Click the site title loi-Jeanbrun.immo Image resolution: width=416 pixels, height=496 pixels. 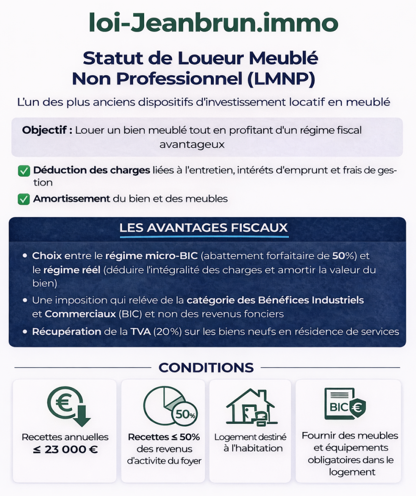(213, 23)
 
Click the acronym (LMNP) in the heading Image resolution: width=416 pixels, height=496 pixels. (282, 78)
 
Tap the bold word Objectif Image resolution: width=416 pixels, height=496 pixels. (47, 130)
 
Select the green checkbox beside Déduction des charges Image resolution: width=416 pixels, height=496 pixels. (23, 171)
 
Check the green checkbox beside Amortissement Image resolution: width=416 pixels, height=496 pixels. (23, 199)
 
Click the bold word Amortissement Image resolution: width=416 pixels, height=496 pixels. (72, 199)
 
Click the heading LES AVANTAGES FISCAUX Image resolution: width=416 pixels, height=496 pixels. (204, 228)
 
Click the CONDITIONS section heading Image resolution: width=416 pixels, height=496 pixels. (206, 368)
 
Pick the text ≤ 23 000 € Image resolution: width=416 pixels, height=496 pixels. (65, 449)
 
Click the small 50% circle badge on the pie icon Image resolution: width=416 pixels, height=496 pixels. (185, 415)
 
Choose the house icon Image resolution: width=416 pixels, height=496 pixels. (250, 406)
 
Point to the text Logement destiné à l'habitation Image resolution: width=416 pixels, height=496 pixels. (250, 443)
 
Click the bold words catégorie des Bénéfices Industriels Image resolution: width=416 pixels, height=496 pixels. (275, 300)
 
